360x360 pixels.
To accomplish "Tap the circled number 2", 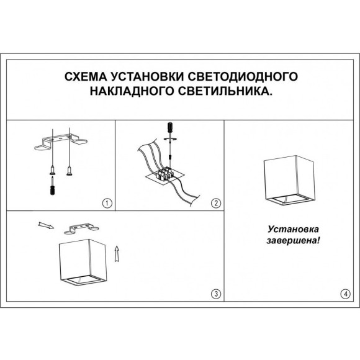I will [215, 203].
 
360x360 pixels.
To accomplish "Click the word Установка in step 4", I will [290, 228].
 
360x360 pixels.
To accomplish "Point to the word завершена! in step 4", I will [290, 240].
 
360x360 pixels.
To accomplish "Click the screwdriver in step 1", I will [52, 185].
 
